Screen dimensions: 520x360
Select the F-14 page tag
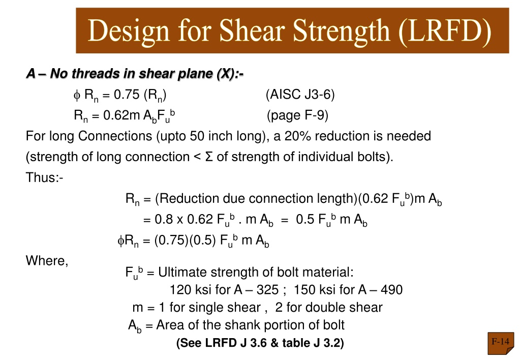(x=501, y=342)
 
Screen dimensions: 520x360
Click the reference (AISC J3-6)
(x=300, y=95)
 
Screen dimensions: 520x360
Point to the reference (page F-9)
(x=297, y=115)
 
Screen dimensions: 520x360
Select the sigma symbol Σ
(x=209, y=157)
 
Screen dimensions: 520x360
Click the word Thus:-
(x=44, y=177)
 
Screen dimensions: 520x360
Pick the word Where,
(x=47, y=261)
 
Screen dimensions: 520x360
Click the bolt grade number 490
(x=392, y=290)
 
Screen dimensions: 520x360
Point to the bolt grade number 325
(x=268, y=290)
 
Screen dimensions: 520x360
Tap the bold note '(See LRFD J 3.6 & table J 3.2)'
(x=260, y=343)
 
